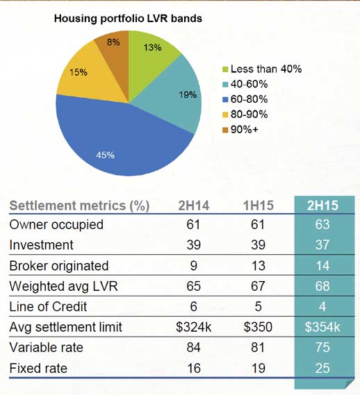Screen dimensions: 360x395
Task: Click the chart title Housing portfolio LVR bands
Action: (128, 19)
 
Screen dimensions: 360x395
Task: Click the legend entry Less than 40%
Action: (262, 69)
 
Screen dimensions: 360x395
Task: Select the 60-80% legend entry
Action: (245, 99)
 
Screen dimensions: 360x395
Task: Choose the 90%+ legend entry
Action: (240, 130)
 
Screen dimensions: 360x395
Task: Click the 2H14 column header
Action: (194, 205)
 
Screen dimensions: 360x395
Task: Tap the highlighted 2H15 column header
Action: (322, 205)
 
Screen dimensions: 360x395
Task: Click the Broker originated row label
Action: (59, 266)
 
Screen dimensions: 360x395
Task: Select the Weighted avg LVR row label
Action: (63, 287)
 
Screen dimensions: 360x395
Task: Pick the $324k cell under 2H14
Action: (194, 327)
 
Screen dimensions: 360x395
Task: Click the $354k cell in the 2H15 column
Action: (322, 327)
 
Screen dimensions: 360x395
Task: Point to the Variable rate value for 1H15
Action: (258, 348)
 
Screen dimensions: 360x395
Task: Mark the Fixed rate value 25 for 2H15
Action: (322, 369)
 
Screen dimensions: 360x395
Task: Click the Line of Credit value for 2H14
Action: (193, 307)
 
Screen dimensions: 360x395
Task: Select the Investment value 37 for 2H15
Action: (322, 245)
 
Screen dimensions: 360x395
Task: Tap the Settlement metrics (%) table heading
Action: (79, 206)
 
